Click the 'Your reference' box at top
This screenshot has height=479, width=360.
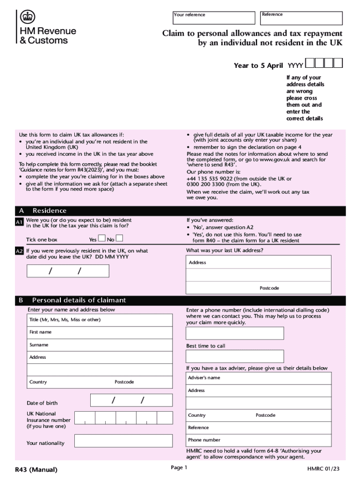pyautogui.click(x=216, y=18)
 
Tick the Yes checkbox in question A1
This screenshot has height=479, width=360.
pyautogui.click(x=102, y=239)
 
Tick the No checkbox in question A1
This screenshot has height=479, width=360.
pyautogui.click(x=119, y=239)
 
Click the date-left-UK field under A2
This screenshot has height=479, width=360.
pyautogui.click(x=68, y=271)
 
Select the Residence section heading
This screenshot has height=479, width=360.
pyautogui.click(x=49, y=211)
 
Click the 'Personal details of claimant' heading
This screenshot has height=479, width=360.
pyautogui.click(x=79, y=300)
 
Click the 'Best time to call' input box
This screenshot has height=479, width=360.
pyautogui.click(x=235, y=356)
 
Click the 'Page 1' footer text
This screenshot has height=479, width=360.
pyautogui.click(x=179, y=468)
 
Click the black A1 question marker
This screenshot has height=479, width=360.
pyautogui.click(x=19, y=222)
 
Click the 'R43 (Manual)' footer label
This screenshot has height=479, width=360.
pyautogui.click(x=36, y=470)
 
